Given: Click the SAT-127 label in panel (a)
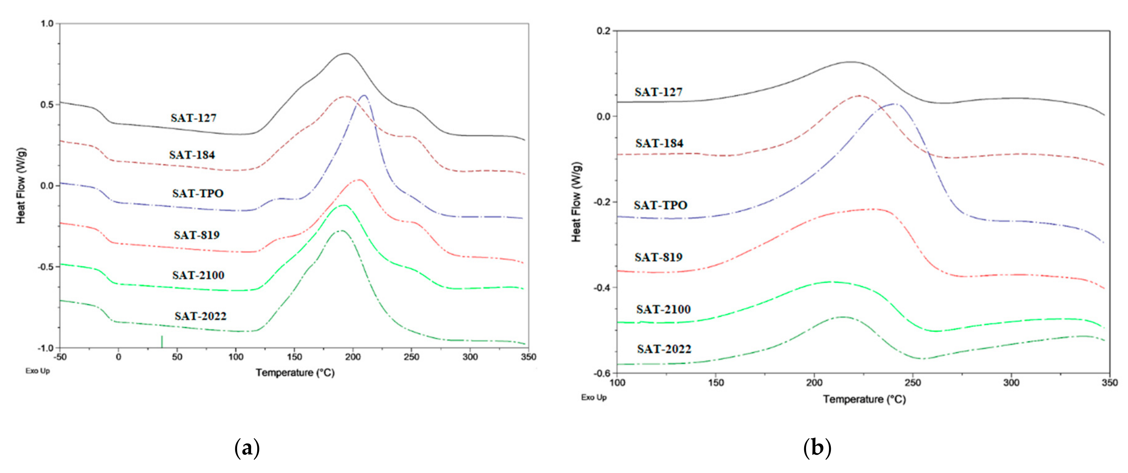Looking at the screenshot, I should [x=193, y=118].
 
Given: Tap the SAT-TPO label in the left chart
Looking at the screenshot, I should [x=197, y=193].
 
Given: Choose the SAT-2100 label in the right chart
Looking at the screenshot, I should [x=663, y=310].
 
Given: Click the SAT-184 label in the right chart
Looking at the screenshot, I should [x=659, y=143].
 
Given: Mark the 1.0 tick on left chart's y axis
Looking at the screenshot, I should [x=47, y=24].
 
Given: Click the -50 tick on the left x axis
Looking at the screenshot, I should [x=60, y=357].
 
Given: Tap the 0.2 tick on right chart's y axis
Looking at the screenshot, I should [x=603, y=31].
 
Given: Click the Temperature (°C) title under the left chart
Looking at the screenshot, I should [x=295, y=373].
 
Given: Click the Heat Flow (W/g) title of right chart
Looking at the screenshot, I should [x=576, y=202].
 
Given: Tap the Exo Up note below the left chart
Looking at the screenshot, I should [x=38, y=371].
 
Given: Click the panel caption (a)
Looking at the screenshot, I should [x=247, y=449].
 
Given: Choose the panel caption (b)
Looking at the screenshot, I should [x=817, y=449].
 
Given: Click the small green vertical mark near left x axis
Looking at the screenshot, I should [x=162, y=342].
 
